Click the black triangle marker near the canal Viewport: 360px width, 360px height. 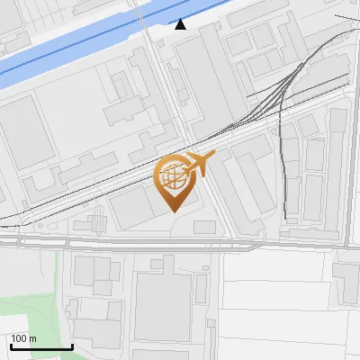(x=181, y=24)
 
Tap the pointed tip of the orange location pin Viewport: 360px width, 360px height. (x=173, y=210)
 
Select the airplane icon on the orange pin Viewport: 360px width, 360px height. (x=197, y=165)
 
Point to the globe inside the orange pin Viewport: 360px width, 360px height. (x=173, y=177)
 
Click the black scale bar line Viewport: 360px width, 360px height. (x=41, y=346)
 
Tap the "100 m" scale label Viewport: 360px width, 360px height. (x=23, y=338)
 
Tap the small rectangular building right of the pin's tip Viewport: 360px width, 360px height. (x=204, y=227)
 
